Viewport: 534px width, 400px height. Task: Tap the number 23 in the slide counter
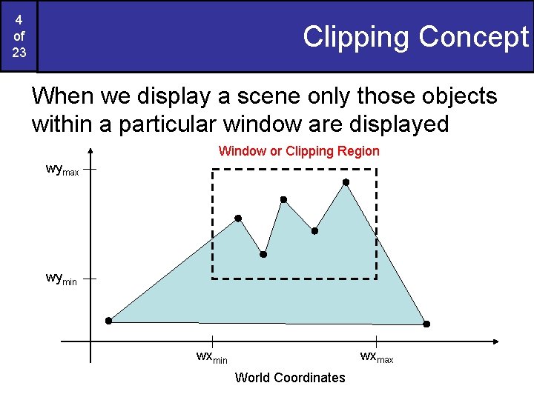click(19, 53)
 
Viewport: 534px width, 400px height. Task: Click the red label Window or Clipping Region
click(299, 151)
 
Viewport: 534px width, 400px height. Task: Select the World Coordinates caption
click(290, 378)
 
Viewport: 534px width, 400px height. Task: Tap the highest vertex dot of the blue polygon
click(346, 181)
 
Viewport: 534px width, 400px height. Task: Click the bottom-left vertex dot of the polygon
click(108, 321)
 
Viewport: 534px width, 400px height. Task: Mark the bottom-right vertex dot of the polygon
click(426, 324)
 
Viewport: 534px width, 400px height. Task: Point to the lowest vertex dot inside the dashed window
click(263, 254)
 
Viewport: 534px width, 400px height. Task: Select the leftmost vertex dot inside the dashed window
click(238, 218)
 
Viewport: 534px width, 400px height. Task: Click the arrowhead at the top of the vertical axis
click(90, 150)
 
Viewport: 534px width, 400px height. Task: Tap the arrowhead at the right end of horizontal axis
click(495, 341)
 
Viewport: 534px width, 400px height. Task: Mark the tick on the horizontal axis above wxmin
click(212, 341)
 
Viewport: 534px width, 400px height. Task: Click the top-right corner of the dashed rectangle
click(377, 170)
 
